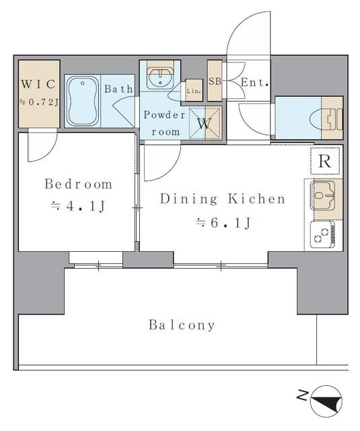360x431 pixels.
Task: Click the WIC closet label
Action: point(38,84)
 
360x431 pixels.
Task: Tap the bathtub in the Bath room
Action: point(83,101)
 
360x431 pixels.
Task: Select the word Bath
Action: point(118,89)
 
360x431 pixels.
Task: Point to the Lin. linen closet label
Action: point(194,91)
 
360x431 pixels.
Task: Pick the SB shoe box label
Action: point(215,81)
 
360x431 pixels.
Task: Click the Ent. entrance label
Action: point(254,82)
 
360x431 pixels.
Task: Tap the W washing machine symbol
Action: point(205,123)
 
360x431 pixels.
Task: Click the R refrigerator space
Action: point(325,161)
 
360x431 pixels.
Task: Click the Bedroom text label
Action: point(79,184)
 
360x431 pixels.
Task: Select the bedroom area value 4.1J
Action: point(78,206)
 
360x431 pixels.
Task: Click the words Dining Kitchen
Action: point(223,199)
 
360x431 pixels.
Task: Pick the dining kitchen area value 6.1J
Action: point(223,222)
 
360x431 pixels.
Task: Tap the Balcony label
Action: point(182,325)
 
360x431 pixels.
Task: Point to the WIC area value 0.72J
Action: point(38,102)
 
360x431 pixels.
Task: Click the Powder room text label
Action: point(164,123)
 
